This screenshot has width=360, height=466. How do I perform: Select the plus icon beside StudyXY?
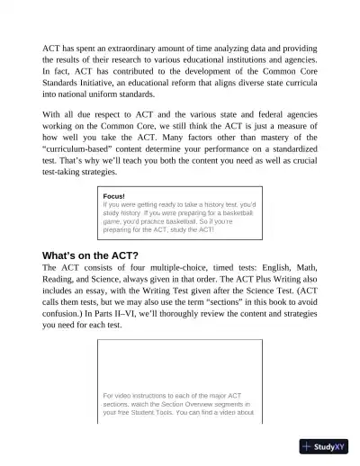pyautogui.click(x=308, y=446)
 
